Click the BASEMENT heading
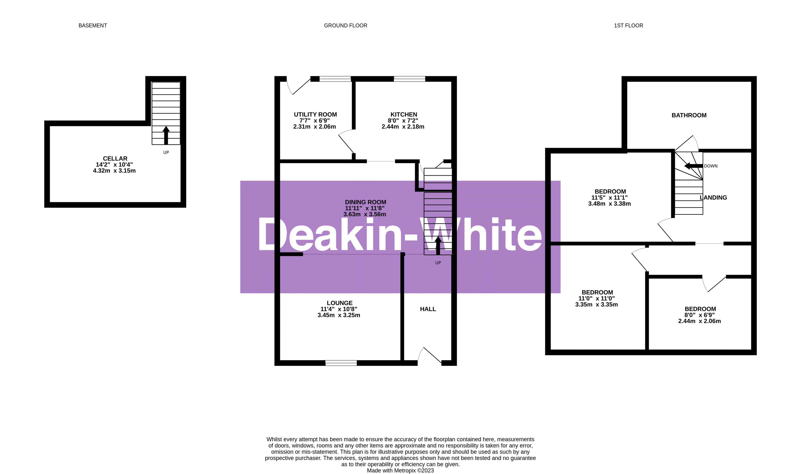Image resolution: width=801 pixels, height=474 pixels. (x=93, y=26)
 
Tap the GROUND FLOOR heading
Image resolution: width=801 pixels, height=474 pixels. (x=346, y=26)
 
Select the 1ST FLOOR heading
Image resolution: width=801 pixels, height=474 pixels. (x=628, y=26)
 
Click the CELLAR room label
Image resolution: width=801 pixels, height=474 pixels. (x=115, y=158)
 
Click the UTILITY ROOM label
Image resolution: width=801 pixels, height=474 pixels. (x=315, y=114)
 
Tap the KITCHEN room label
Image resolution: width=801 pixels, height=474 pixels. (x=404, y=114)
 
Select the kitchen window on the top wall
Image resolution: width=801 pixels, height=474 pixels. (x=410, y=79)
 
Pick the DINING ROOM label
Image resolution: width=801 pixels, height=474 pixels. (x=365, y=202)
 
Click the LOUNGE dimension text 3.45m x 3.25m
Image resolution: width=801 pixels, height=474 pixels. (x=339, y=315)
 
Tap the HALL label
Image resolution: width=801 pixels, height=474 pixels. (x=428, y=309)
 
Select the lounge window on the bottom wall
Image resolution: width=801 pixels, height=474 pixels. (x=341, y=363)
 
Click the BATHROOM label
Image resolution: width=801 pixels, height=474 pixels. (x=689, y=115)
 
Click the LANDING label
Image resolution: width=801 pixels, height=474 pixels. (x=714, y=198)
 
